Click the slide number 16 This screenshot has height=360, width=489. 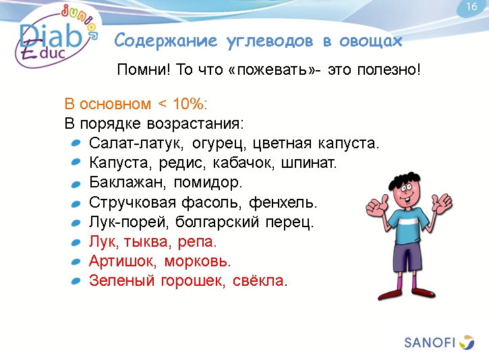coord(471,7)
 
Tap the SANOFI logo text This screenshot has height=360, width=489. coord(430,342)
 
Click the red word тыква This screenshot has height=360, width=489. coord(152,241)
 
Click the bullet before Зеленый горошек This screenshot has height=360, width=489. coord(76,280)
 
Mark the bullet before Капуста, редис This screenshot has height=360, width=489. coord(76,163)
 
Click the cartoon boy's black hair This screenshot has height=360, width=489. coord(405,176)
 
